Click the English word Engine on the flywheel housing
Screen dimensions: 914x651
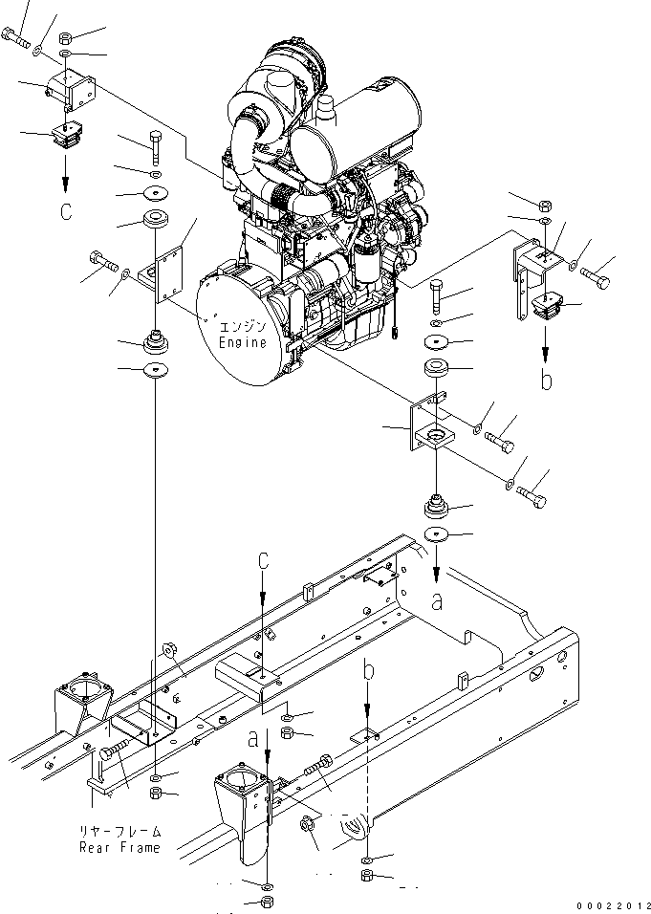[x=243, y=342]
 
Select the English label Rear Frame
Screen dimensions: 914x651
[x=120, y=847]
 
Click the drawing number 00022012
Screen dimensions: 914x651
[x=611, y=904]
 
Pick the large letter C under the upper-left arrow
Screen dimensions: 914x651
[x=65, y=211]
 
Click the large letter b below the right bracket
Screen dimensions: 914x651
[x=546, y=380]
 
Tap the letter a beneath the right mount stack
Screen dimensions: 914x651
[x=438, y=601]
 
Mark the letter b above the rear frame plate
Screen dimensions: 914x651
[x=367, y=672]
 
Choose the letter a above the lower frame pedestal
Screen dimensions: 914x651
[x=252, y=738]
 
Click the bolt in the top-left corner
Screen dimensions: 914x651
[x=16, y=39]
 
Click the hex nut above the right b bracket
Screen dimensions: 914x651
[x=543, y=205]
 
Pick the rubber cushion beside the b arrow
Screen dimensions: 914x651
[x=546, y=308]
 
